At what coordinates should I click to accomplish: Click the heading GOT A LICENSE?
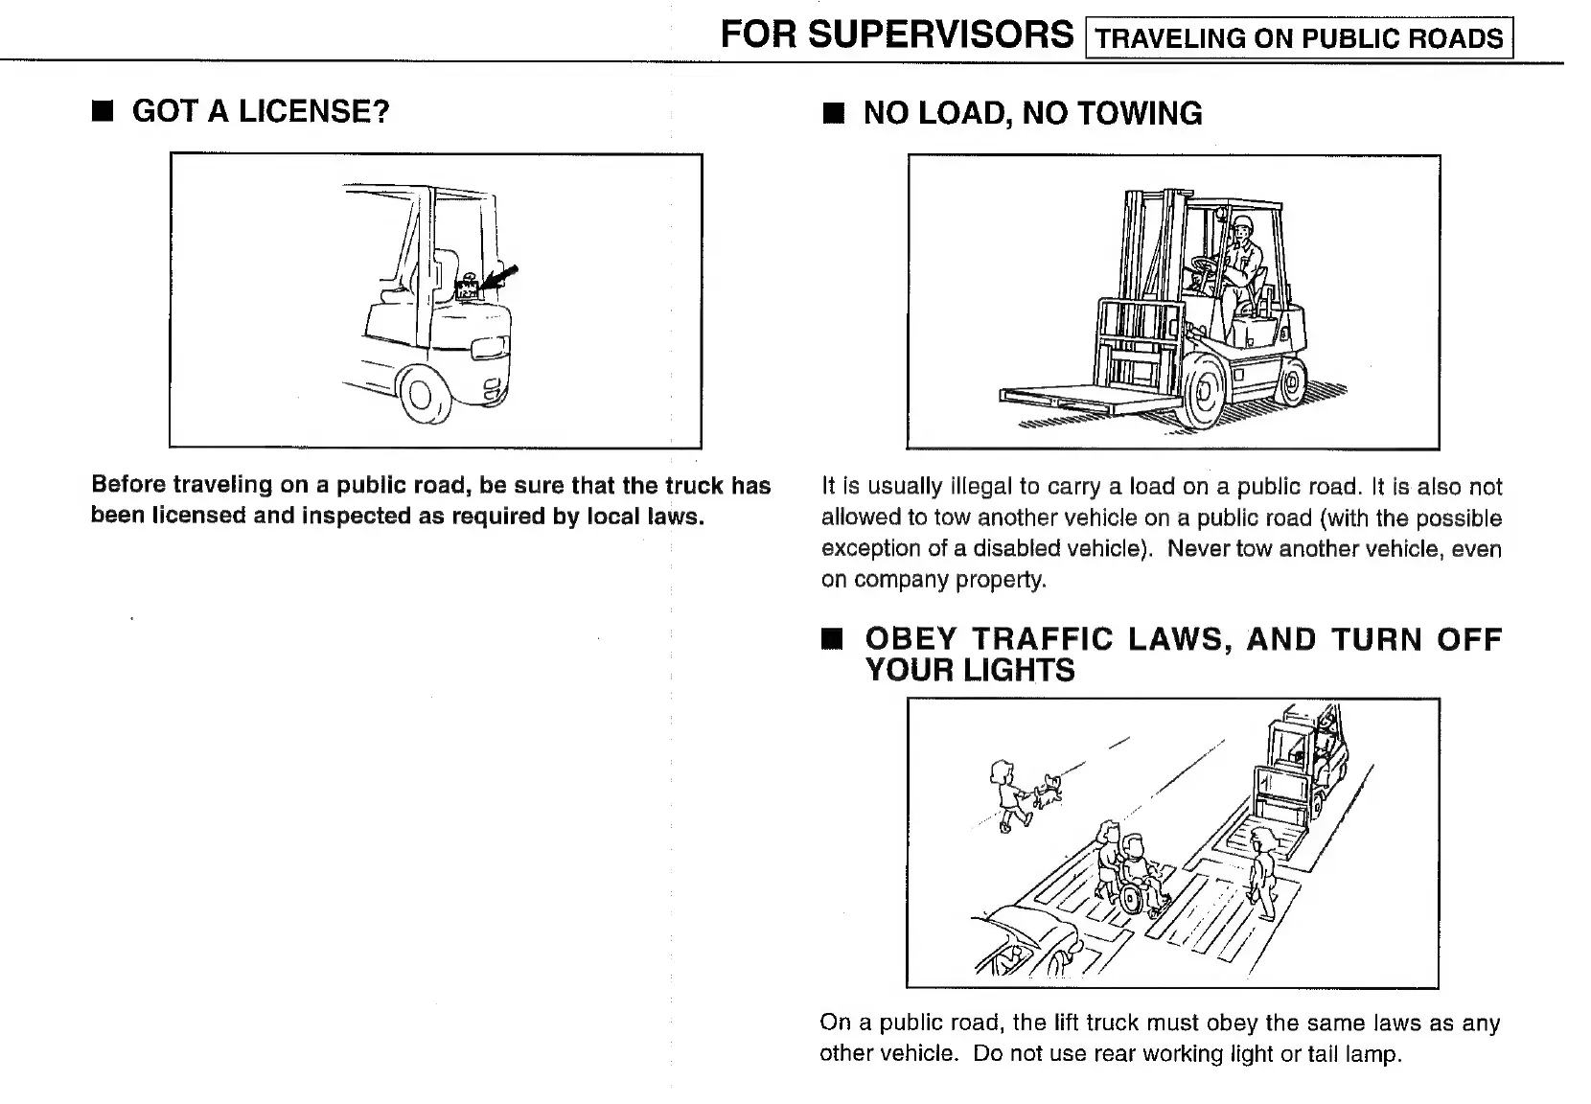click(x=260, y=111)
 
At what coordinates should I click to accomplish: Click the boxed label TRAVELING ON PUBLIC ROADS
click(x=1299, y=38)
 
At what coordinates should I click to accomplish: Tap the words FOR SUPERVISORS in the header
click(x=896, y=35)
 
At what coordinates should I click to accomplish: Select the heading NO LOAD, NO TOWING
click(x=1032, y=113)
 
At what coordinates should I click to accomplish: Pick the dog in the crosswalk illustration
click(x=1051, y=789)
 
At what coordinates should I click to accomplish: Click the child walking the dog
click(x=1005, y=794)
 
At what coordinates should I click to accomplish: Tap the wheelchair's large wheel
click(x=1131, y=899)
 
